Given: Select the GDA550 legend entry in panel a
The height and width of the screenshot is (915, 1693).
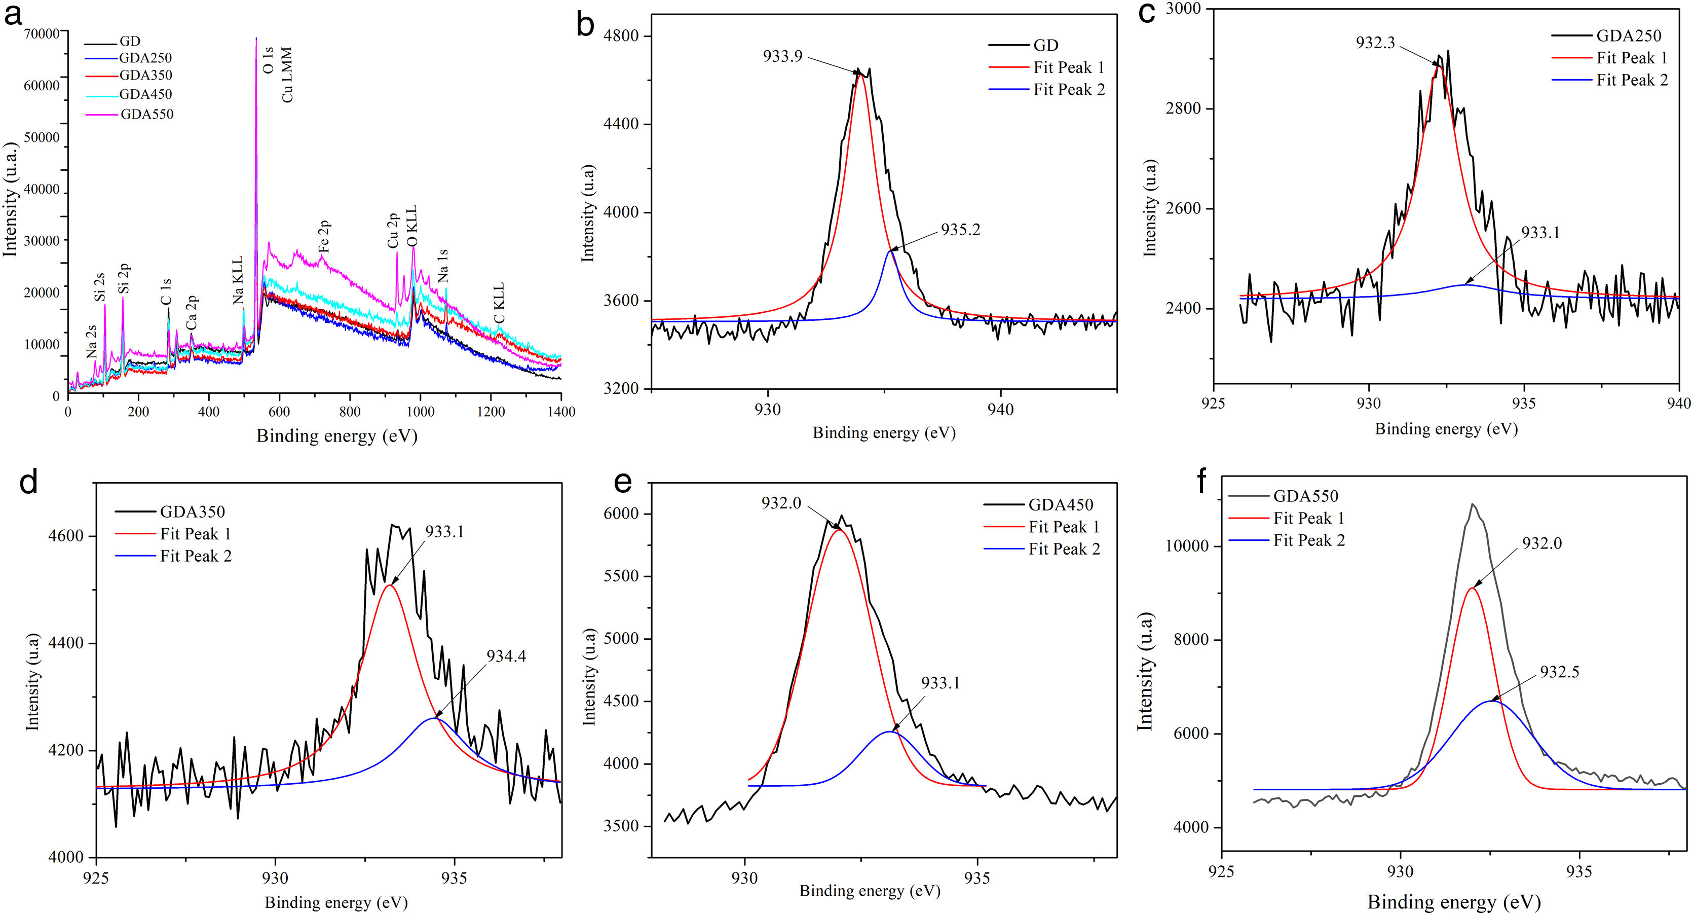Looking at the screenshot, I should pos(146,115).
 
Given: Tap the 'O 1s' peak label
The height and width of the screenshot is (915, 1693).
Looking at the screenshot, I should pos(268,59).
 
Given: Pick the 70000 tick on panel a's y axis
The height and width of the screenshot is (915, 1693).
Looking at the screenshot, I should pos(42,32).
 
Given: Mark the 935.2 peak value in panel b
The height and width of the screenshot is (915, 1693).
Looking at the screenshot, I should pos(960,230).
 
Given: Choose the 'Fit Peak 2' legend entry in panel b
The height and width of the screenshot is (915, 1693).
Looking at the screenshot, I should pos(1069,89).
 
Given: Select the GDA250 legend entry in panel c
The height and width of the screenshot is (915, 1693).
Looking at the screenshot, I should pos(1629,35).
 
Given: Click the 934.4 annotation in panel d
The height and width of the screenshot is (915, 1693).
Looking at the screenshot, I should pos(506,656).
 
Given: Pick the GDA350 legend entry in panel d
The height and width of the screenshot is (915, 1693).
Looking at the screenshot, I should pos(192,511).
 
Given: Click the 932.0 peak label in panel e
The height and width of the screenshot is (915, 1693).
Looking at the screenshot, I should pos(781,503).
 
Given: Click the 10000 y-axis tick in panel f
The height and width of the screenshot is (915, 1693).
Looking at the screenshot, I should pos(1187,547).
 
